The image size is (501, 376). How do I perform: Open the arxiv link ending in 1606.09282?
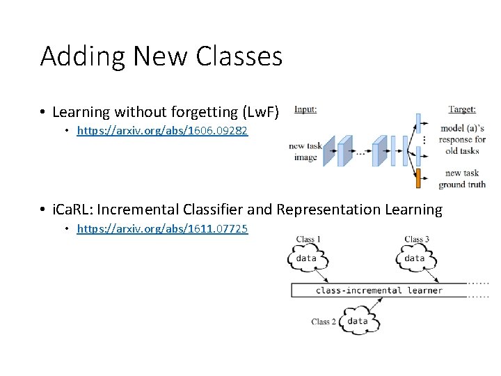click(x=162, y=130)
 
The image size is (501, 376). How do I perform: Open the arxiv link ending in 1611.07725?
click(x=162, y=228)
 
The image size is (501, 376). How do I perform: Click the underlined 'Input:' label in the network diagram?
click(x=305, y=109)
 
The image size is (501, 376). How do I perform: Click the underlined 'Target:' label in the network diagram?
click(x=462, y=109)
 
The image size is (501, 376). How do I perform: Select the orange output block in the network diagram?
click(x=418, y=178)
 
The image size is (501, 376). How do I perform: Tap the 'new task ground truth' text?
click(x=462, y=179)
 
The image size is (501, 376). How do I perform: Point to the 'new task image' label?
click(x=305, y=152)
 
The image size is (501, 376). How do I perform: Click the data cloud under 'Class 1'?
click(x=307, y=259)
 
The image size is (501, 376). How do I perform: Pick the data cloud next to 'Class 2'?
click(x=358, y=322)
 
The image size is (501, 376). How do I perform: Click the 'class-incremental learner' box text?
click(x=379, y=290)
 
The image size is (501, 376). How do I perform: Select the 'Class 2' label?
click(x=324, y=322)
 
